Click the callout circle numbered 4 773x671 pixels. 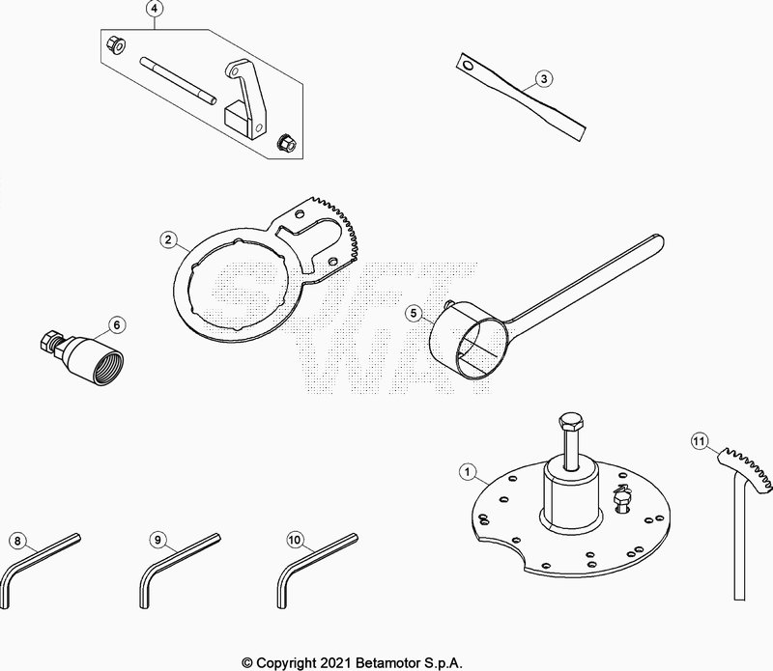click(x=155, y=9)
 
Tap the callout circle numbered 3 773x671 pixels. click(x=544, y=79)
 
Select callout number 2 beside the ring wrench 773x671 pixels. click(x=168, y=240)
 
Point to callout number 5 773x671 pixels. click(x=414, y=314)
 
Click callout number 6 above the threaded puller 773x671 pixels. click(x=117, y=325)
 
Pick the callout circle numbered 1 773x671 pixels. click(x=468, y=472)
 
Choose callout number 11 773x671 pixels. click(x=699, y=441)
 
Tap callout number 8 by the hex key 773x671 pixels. click(x=17, y=541)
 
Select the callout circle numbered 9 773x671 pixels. click(x=157, y=540)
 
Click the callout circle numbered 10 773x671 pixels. click(x=295, y=540)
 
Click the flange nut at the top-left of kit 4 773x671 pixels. click(x=117, y=45)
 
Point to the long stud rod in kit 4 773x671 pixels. click(x=178, y=80)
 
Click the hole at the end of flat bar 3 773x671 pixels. click(x=468, y=65)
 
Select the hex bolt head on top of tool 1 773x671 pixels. click(x=571, y=422)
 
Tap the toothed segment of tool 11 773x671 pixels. click(x=745, y=468)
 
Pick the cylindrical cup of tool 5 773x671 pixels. click(x=469, y=341)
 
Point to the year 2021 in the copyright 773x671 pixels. click(x=334, y=662)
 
